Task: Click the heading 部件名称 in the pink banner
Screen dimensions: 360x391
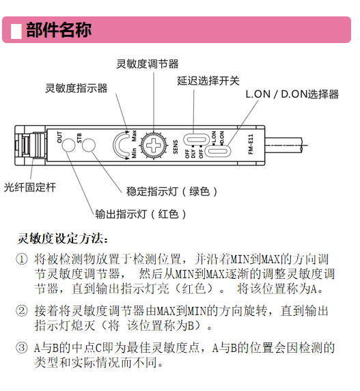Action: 59,30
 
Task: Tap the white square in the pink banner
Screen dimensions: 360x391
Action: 16,31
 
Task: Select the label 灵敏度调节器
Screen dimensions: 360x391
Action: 148,64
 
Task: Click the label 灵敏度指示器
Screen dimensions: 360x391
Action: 77,88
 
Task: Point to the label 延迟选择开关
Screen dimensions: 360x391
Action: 208,81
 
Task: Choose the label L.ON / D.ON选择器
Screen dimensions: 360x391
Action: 292,94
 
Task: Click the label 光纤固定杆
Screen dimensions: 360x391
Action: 30,187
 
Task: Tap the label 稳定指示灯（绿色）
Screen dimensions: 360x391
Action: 171,191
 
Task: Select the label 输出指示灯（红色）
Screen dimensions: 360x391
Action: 141,214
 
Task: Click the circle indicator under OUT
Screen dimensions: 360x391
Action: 68,145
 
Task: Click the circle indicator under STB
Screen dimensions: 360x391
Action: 89,145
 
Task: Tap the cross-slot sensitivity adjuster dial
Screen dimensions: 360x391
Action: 154,145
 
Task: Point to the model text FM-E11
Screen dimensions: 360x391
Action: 251,144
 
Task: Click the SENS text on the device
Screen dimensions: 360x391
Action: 176,147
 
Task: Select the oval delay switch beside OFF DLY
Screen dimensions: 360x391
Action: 196,139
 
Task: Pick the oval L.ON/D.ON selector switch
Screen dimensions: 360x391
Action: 218,151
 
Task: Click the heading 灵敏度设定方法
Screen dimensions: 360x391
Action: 63,239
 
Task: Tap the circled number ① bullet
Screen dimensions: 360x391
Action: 22,259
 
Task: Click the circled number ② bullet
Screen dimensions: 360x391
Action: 22,311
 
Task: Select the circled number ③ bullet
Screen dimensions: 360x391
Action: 22,348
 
